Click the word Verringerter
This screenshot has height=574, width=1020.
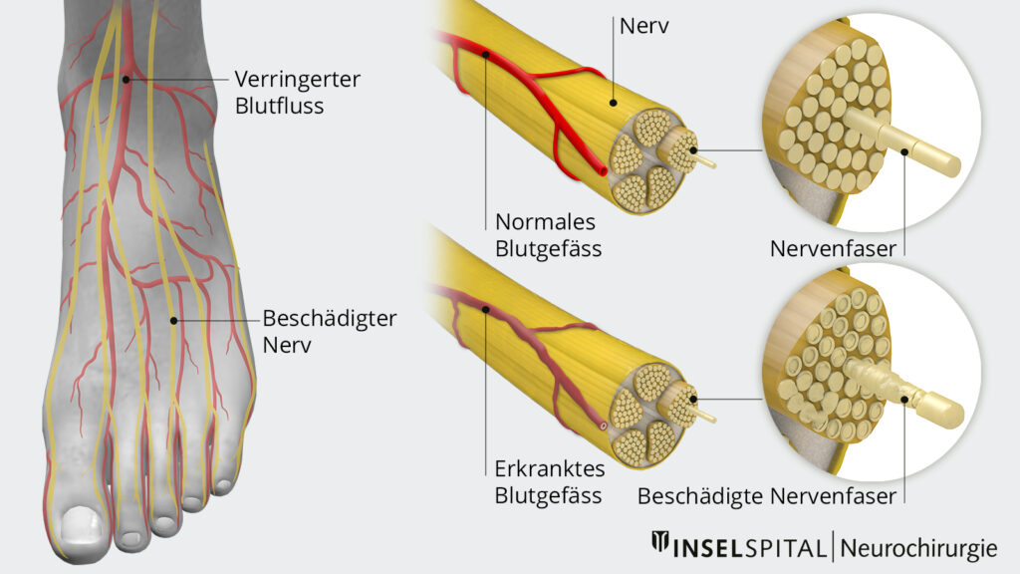point(297,80)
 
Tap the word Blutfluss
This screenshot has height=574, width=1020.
point(279,106)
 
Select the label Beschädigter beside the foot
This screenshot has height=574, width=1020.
point(329,319)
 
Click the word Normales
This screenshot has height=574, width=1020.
point(545,222)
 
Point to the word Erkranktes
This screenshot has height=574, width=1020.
point(550,468)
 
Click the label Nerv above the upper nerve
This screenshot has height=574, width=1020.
point(644,26)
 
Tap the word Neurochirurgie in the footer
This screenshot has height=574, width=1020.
point(918,548)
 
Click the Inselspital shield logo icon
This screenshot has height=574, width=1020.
point(660,542)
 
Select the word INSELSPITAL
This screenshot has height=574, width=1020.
point(749,548)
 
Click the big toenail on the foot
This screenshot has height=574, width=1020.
point(80,524)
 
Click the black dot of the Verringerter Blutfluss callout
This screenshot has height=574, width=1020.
point(127,80)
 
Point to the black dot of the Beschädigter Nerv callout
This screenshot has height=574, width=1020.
point(173,320)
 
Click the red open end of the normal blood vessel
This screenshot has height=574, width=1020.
point(603,171)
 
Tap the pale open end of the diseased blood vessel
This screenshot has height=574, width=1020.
point(603,427)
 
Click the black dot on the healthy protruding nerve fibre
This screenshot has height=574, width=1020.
point(904,151)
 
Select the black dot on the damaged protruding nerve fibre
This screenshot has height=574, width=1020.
point(904,399)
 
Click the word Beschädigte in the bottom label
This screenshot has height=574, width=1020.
point(700,496)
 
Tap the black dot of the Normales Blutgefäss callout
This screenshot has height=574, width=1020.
point(486,55)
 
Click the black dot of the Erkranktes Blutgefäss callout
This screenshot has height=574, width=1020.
point(486,310)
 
